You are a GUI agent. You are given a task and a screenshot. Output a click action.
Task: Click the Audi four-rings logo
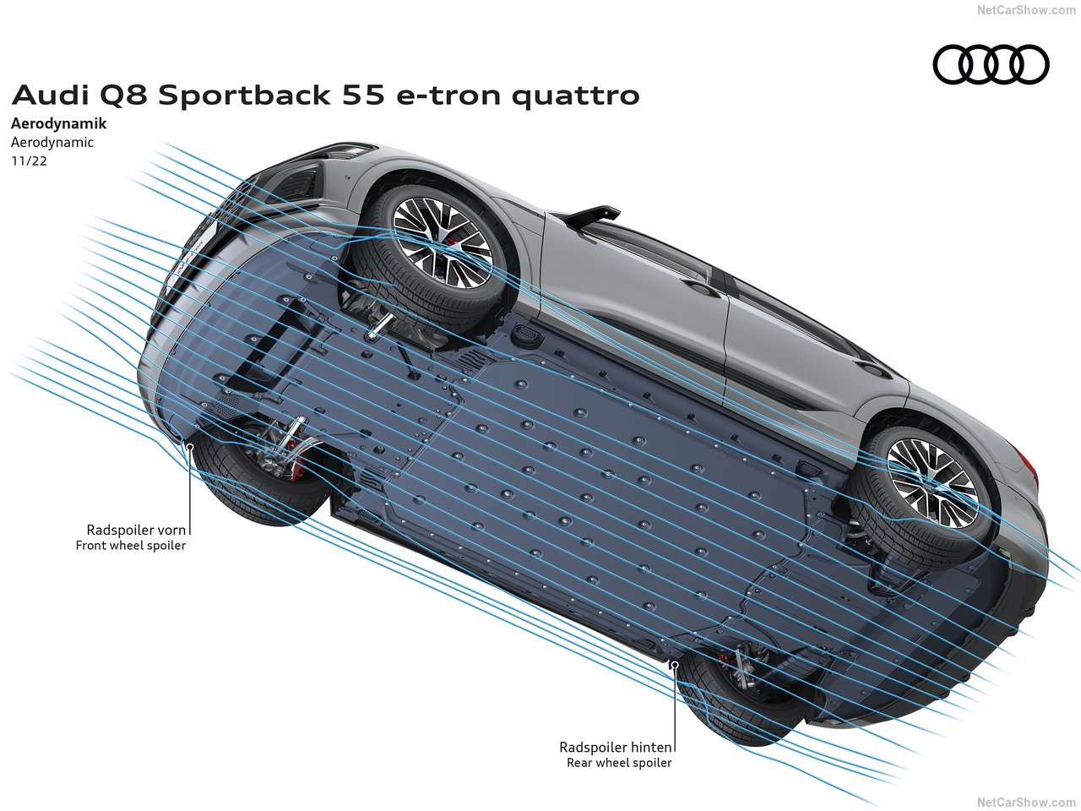tap(991, 65)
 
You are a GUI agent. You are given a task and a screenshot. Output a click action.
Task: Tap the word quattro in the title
tap(575, 95)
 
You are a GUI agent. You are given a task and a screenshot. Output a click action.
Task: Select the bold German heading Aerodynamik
tap(59, 123)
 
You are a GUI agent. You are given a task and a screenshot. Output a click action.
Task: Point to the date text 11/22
tap(29, 161)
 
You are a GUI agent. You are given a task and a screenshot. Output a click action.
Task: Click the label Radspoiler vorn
tap(136, 530)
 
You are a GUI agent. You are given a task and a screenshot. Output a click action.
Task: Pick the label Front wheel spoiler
tap(131, 546)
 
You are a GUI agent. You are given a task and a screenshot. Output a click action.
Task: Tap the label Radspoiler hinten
tap(616, 747)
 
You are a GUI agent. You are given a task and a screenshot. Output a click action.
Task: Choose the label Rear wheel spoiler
tap(619, 763)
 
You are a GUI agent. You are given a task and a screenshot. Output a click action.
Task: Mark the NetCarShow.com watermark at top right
tap(1026, 10)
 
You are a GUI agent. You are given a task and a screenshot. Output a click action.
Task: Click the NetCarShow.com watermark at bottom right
tap(1026, 802)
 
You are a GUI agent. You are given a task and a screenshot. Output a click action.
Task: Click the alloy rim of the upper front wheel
tap(442, 242)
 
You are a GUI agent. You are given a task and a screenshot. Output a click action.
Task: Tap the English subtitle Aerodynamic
tap(52, 142)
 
